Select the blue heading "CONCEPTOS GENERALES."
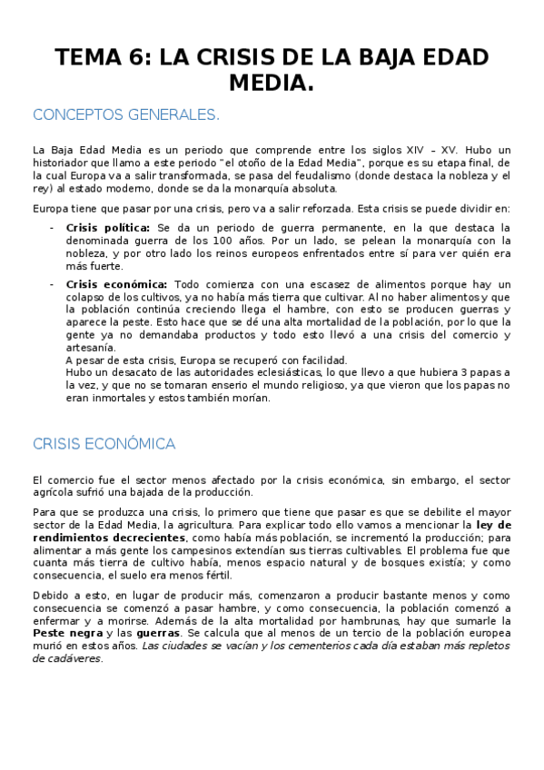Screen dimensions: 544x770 (126, 115)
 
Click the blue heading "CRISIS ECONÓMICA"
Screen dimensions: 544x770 (104, 444)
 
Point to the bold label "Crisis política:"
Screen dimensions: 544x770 (108, 227)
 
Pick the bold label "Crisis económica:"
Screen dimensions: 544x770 (116, 284)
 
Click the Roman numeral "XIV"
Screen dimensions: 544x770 (412, 150)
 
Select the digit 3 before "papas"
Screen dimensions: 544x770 (440, 372)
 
